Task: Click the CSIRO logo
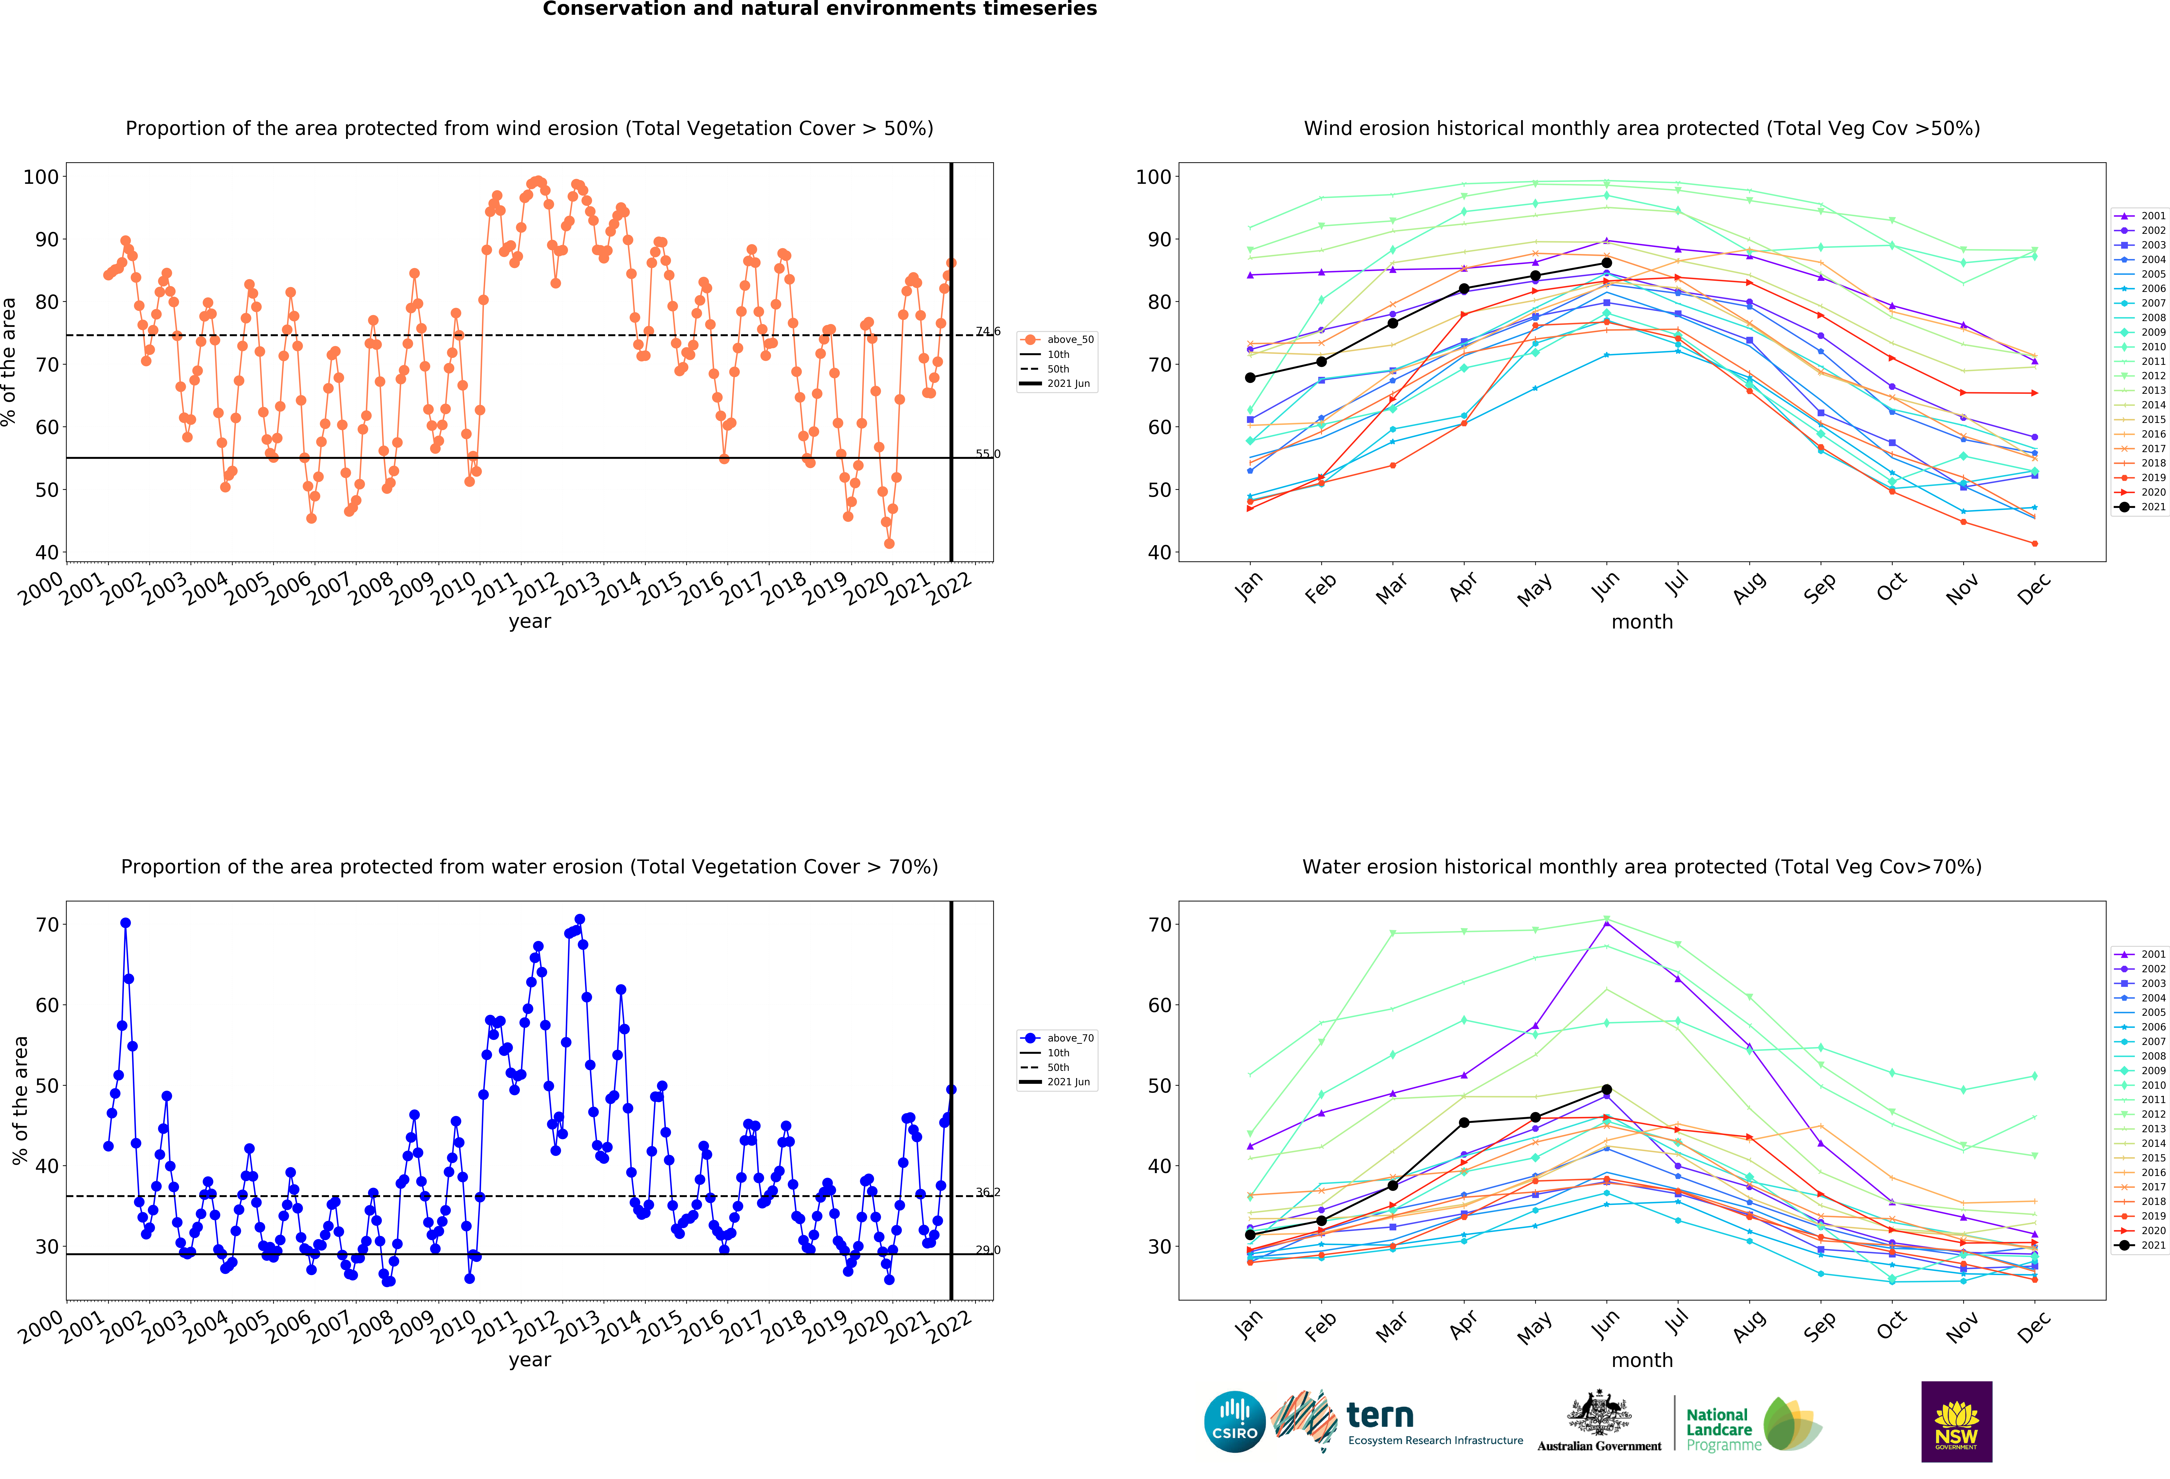click(x=1234, y=1422)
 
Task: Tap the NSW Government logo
click(x=1956, y=1421)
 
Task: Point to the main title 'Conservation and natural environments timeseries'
click(x=820, y=9)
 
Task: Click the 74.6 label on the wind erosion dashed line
click(x=988, y=331)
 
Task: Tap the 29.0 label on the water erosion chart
click(x=988, y=1250)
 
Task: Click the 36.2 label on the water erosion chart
click(x=988, y=1192)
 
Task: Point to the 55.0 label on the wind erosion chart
click(x=988, y=454)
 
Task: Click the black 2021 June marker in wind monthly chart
click(x=1606, y=263)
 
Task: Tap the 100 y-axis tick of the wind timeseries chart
click(x=41, y=176)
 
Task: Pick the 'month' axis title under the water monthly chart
click(x=1641, y=1360)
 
